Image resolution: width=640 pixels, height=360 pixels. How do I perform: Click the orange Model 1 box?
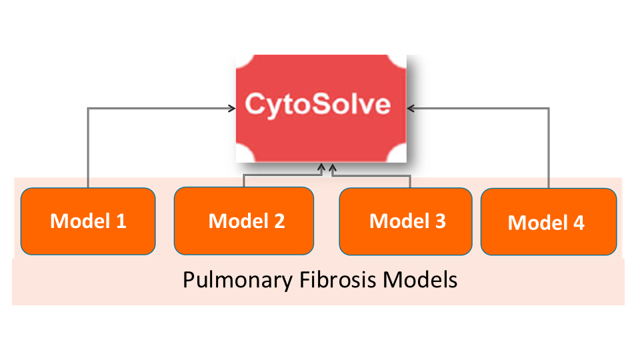pos(88,221)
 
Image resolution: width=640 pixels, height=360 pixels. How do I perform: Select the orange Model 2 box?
pos(243,221)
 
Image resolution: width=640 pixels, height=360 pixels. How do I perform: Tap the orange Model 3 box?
pos(407,221)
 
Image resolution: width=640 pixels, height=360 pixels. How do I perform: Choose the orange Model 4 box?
pos(548,221)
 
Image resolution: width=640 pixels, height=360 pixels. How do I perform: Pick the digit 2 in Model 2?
pos(279,221)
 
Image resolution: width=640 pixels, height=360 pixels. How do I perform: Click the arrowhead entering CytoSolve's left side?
pos(231,107)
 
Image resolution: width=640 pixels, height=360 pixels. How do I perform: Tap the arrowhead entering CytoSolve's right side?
pos(411,107)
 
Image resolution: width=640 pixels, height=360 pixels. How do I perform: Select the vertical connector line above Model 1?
pos(88,147)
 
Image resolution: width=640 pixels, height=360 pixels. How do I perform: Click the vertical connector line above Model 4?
pos(549,147)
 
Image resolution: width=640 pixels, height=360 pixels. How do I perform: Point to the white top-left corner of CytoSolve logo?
pos(243,61)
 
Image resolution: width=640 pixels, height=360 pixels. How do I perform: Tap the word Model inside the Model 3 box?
pos(398,221)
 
